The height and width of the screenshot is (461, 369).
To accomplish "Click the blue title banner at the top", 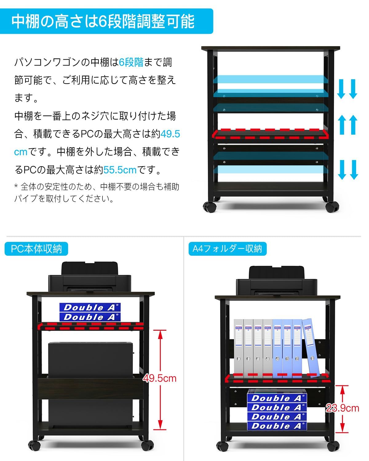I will [106, 21].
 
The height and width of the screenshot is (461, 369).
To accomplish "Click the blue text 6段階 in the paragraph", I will [131, 62].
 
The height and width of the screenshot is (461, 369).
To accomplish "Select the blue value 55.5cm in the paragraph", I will [120, 170].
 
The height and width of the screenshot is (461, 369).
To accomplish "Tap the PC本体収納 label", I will [36, 249].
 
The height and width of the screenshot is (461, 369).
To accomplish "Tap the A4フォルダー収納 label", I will [227, 249].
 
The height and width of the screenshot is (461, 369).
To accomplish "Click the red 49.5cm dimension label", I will [160, 378].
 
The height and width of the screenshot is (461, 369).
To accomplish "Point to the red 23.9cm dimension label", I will [342, 408].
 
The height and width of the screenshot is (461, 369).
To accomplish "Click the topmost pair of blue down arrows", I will [347, 89].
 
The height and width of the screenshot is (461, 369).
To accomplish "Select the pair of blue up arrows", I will [348, 124].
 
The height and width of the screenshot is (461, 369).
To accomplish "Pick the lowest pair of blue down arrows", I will [348, 170].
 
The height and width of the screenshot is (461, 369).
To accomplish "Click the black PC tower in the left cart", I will [91, 384].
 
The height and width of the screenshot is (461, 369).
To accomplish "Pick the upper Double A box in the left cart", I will [90, 307].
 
